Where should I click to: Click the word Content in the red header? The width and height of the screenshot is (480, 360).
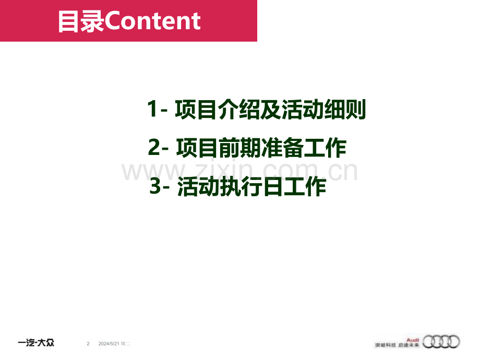click(x=153, y=21)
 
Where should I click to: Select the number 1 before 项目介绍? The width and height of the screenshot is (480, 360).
click(x=152, y=110)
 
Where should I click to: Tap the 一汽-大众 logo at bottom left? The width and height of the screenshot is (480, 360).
click(x=36, y=343)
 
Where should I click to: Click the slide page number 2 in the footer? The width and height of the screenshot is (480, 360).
click(x=88, y=343)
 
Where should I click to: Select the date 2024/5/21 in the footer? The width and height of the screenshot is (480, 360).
click(x=109, y=343)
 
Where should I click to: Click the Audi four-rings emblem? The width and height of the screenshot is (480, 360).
click(x=441, y=342)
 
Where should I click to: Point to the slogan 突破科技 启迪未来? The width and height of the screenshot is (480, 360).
click(x=397, y=345)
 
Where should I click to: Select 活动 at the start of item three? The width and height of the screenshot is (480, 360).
click(x=197, y=187)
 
